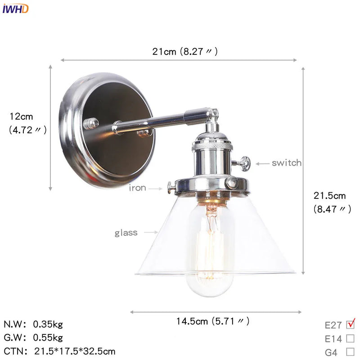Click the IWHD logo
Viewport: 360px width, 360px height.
coord(15,9)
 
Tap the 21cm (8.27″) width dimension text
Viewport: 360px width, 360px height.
coord(185,51)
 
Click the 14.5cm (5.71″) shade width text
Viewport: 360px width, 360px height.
coord(212,321)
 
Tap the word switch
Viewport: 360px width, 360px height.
coord(287,163)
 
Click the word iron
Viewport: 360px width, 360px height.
coord(138,188)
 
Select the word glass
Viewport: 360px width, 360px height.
coord(126,233)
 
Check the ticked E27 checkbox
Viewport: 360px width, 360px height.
coord(351,324)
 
